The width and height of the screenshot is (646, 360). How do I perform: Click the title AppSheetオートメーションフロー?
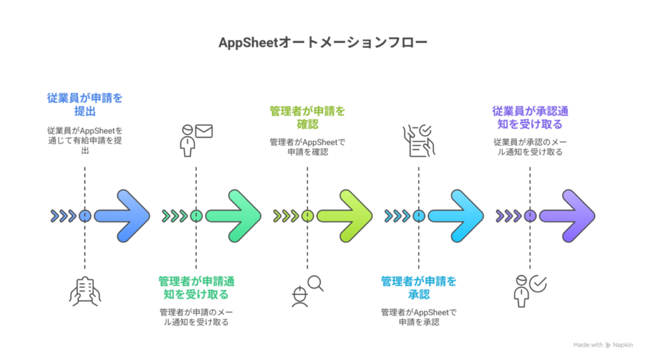(322, 43)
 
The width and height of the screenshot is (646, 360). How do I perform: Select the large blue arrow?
(126, 216)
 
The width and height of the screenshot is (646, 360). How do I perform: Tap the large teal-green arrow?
(237, 216)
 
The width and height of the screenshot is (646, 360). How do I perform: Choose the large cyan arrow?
(459, 216)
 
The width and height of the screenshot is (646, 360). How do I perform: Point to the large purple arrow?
(570, 216)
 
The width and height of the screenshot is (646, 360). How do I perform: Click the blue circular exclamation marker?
(85, 216)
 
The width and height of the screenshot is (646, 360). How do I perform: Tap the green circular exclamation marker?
(196, 216)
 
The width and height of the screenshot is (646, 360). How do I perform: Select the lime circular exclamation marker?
(307, 216)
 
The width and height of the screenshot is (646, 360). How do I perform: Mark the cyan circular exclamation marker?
(419, 216)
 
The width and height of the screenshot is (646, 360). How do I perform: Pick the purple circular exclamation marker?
(530, 216)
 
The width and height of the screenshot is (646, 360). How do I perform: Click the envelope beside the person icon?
(204, 131)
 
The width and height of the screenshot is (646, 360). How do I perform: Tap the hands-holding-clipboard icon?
(85, 291)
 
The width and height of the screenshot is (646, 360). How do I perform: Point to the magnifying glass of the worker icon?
(315, 283)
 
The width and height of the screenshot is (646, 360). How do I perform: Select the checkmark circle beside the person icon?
(539, 284)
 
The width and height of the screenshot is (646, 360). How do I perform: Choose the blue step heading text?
(85, 103)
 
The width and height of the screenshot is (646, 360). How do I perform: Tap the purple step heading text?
(530, 117)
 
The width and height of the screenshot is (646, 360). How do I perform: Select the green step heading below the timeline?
(196, 287)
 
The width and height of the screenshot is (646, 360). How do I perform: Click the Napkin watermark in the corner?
(604, 345)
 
